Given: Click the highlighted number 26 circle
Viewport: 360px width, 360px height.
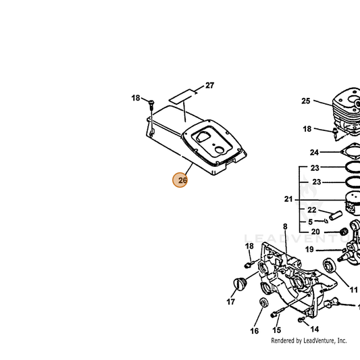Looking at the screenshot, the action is (x=180, y=180).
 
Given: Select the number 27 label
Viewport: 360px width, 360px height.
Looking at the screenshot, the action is (x=210, y=85).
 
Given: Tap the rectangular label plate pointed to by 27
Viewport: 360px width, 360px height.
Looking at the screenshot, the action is (x=180, y=96).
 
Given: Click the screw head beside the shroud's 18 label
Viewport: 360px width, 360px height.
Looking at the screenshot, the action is (x=151, y=101).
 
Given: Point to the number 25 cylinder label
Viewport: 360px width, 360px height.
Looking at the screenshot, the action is (x=305, y=101).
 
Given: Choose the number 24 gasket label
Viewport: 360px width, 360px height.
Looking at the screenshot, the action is (x=314, y=152).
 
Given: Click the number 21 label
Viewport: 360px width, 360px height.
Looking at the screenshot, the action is (x=288, y=199).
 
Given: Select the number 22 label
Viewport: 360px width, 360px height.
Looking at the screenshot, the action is (x=312, y=210).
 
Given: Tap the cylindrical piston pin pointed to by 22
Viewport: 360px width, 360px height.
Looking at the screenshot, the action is (x=336, y=215).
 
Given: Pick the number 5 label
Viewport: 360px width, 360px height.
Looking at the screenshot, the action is (x=311, y=222).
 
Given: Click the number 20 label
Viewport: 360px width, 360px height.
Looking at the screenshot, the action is (x=315, y=232).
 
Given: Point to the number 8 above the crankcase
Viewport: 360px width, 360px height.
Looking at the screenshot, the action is (x=285, y=227).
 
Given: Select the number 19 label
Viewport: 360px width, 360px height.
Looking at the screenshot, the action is (x=309, y=249).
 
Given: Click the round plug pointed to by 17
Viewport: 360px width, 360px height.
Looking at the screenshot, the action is (x=240, y=284).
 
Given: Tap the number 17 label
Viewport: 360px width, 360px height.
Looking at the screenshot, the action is (x=231, y=302).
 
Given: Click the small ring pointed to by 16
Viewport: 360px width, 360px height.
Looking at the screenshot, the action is (x=262, y=303).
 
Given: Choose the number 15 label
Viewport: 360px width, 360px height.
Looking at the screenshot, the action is (x=277, y=330).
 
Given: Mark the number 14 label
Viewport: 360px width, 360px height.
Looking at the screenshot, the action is (x=315, y=329).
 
